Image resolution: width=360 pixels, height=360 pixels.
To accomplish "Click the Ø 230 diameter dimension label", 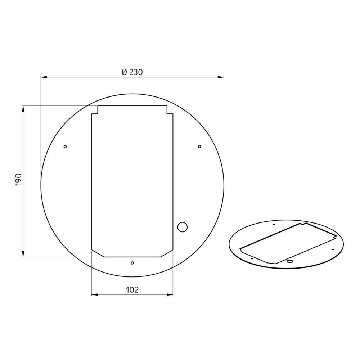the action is click(132, 72).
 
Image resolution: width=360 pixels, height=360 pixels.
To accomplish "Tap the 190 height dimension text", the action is click(18, 180).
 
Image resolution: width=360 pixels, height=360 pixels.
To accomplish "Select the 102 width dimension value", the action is click(132, 290).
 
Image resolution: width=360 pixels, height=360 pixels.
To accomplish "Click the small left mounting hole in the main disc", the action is click(65, 147).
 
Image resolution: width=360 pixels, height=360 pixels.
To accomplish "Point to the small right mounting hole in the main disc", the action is click(199, 147).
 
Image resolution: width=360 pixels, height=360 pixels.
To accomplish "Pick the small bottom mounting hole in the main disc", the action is click(132, 263).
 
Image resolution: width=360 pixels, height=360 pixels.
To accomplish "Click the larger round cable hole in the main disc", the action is click(183, 227).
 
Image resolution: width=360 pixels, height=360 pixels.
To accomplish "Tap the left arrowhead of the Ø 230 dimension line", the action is click(44, 77).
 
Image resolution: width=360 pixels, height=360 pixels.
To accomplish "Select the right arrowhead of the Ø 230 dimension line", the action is click(221, 77).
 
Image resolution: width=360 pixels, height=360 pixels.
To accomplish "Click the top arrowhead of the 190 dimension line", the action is click(23, 109).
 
